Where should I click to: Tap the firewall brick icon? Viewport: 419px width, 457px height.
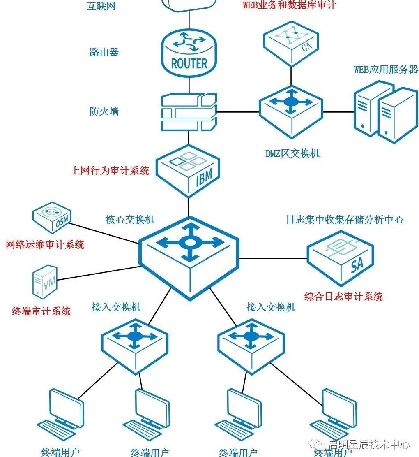[189, 111]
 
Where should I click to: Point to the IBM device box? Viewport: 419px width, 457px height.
[189, 170]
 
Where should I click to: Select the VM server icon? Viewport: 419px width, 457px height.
[45, 281]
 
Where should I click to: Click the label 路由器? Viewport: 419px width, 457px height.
[104, 52]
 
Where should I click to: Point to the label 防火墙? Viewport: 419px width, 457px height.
[104, 111]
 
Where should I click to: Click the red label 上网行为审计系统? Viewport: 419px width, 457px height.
[110, 170]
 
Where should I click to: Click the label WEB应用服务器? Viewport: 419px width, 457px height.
[386, 69]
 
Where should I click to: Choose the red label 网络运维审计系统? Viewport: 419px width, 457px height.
[45, 245]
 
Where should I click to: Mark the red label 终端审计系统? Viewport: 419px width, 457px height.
[41, 311]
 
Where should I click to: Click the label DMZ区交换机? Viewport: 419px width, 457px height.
[292, 154]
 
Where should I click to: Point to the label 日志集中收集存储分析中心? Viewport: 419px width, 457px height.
[345, 219]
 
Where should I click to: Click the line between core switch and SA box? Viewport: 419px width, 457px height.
[273, 259]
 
